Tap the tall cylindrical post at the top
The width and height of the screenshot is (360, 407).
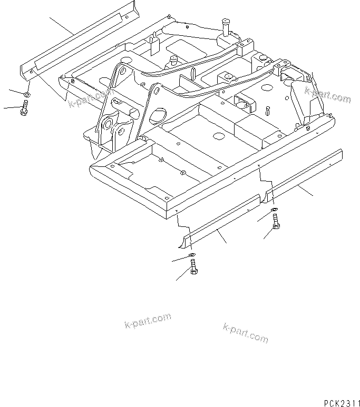pos(227,26)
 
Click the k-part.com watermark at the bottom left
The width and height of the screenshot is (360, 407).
pos(148,321)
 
